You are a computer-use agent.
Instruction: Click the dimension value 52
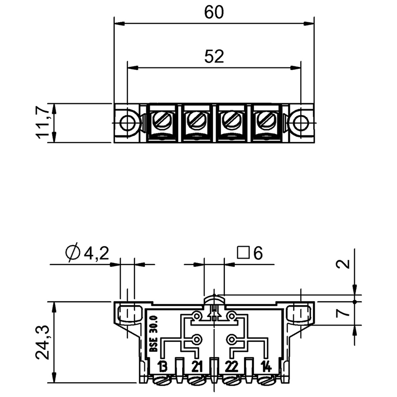[214, 57]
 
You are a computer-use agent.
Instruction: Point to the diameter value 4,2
[95, 254]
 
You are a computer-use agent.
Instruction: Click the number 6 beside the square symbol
[257, 254]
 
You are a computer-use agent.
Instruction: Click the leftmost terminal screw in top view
[162, 120]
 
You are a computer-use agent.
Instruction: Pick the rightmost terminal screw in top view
[265, 120]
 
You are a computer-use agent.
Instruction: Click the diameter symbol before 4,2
[72, 254]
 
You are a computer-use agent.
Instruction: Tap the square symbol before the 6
[243, 254]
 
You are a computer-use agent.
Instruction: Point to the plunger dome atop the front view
[214, 299]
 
